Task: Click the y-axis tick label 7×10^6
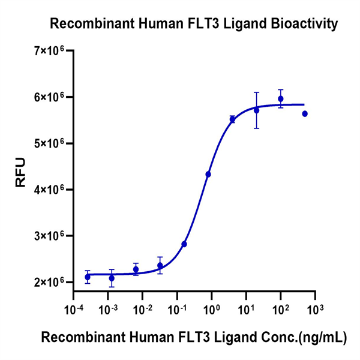[49, 51]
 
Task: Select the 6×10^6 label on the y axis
[49, 97]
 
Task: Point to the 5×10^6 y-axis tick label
[49, 143]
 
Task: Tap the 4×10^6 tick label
[49, 190]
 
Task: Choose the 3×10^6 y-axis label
[49, 236]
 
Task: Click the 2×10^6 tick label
[49, 282]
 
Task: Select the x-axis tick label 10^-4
[73, 308]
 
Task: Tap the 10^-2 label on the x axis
[142, 308]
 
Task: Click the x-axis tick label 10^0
[211, 308]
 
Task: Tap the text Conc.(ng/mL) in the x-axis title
[307, 338]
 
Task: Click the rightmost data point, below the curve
[305, 113]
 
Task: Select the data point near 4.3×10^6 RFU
[208, 174]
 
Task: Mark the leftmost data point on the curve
[88, 277]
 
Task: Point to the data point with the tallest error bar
[256, 110]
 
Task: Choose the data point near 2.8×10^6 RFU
[184, 244]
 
